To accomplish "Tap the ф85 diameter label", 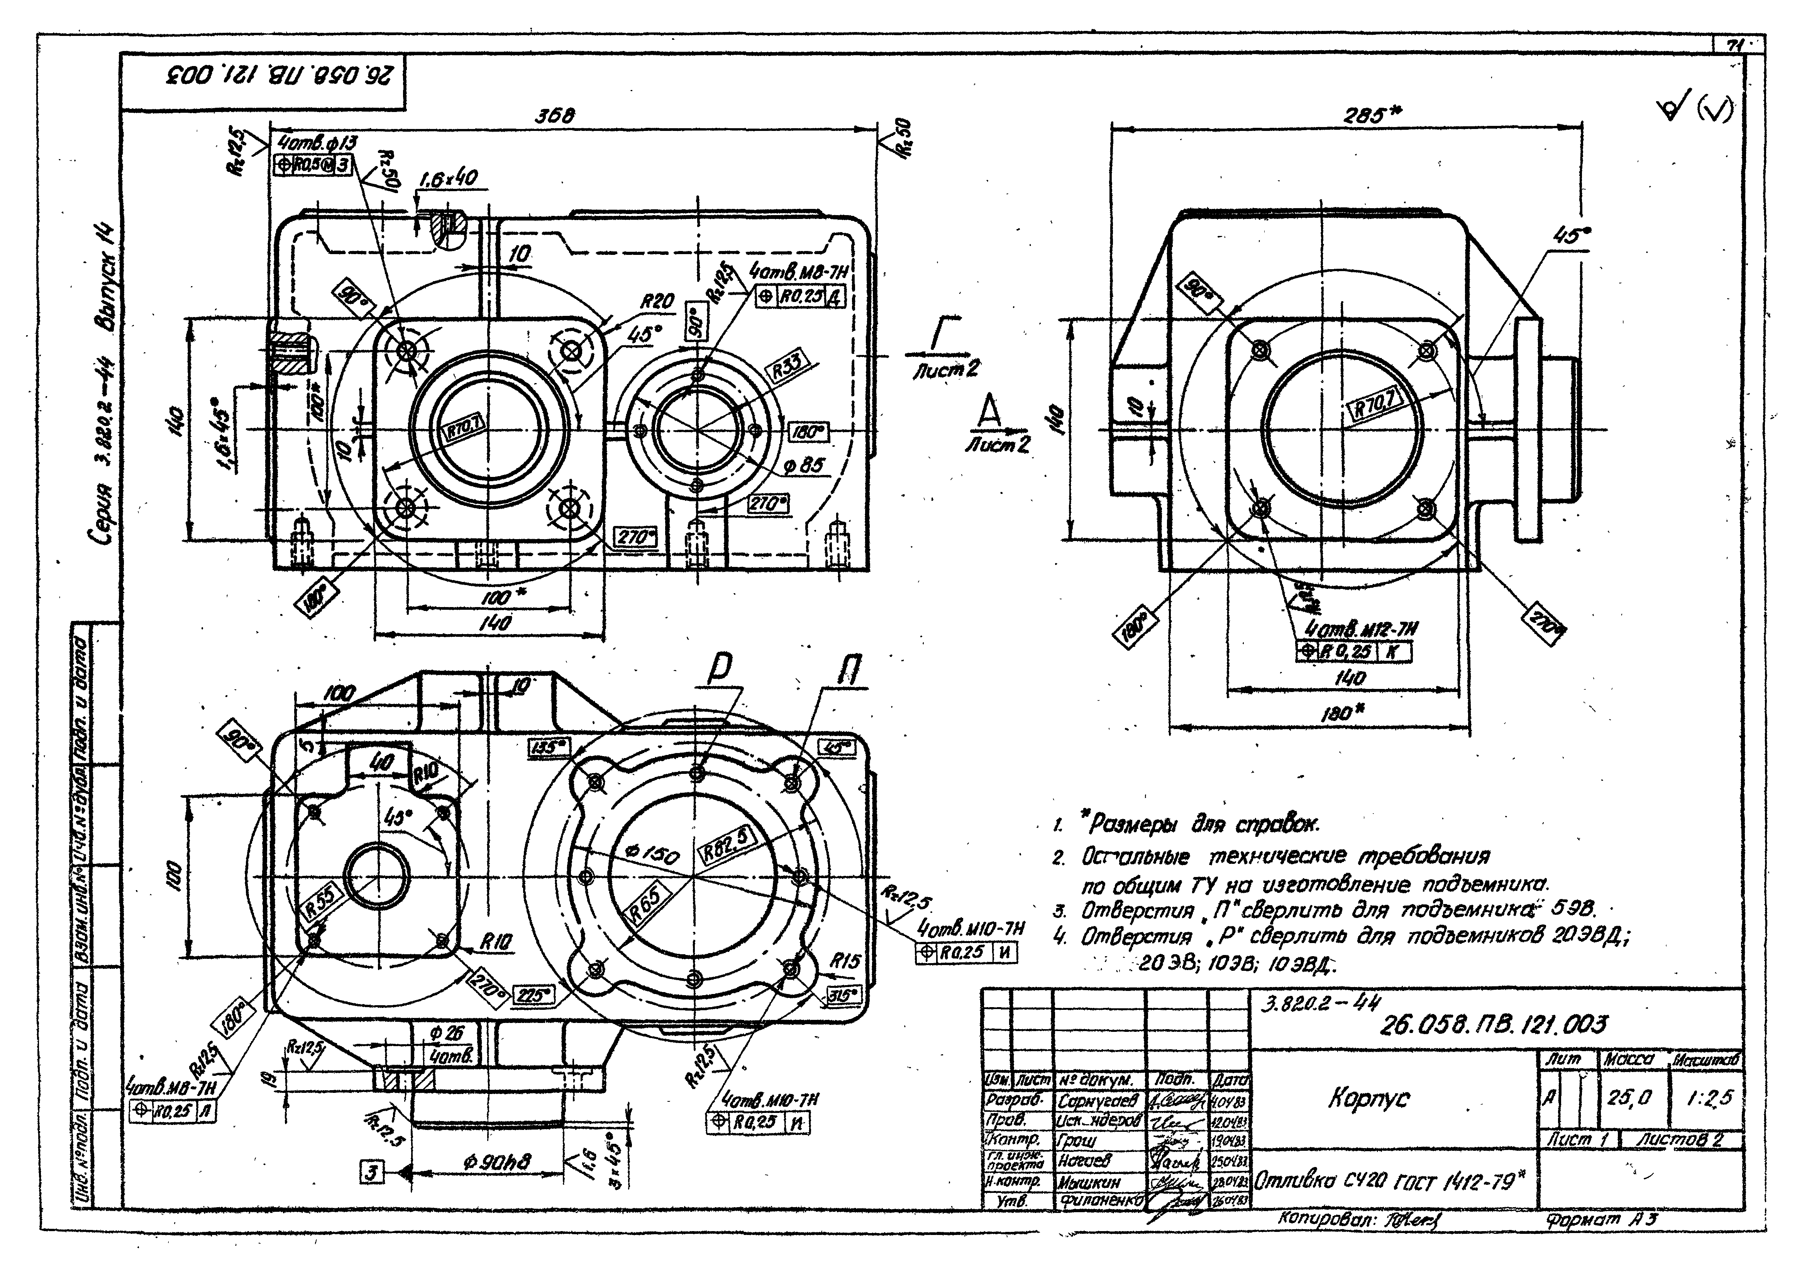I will click(x=804, y=465).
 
